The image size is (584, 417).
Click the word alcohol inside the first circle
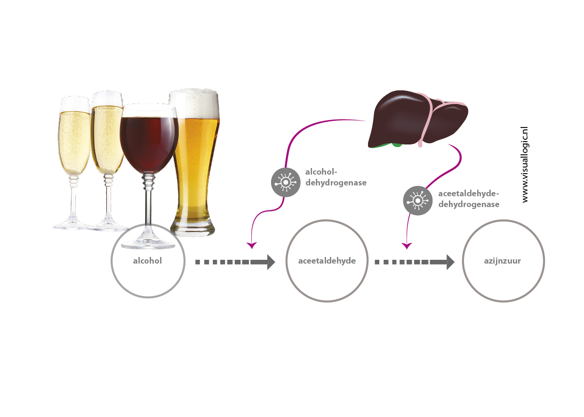tap(147, 261)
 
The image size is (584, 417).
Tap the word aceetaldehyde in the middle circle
tap(327, 261)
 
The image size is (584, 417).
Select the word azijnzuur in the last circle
tap(503, 261)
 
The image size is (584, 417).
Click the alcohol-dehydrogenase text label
tap(336, 177)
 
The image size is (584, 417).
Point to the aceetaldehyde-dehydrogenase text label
tap(468, 199)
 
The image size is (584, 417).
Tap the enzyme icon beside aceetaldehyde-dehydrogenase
tap(417, 201)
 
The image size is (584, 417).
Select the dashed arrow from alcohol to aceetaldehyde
tap(235, 262)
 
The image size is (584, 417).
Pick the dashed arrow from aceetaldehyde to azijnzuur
tap(414, 262)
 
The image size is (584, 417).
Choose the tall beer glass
tap(194, 160)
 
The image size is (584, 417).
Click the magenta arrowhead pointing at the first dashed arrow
tap(252, 245)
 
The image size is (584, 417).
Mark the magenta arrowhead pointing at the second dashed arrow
tap(406, 246)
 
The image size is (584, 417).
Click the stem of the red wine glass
tap(148, 202)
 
